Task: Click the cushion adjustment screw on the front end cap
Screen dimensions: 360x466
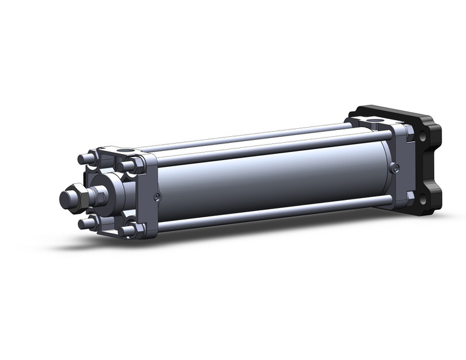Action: pos(158,196)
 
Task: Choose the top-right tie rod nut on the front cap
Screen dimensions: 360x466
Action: pos(128,165)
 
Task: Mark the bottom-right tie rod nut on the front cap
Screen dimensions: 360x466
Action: pos(129,231)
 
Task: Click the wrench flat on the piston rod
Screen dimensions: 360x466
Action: pos(97,196)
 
